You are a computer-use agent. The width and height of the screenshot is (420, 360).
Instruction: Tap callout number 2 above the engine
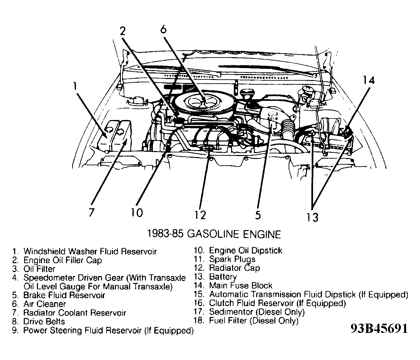pyautogui.click(x=122, y=31)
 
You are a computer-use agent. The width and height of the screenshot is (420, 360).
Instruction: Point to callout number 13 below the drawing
pyautogui.click(x=312, y=217)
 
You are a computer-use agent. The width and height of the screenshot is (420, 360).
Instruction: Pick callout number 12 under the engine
pyautogui.click(x=200, y=215)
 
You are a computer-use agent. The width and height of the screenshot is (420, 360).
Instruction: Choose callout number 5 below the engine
pyautogui.click(x=258, y=215)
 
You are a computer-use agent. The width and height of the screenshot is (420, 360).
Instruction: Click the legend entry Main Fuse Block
pyautogui.click(x=241, y=286)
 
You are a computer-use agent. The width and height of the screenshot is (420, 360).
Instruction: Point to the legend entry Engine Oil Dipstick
pyautogui.click(x=245, y=251)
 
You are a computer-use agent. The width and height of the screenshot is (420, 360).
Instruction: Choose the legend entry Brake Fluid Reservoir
pyautogui.click(x=64, y=295)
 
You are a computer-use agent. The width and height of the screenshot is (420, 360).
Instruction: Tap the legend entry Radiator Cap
pyautogui.click(x=234, y=268)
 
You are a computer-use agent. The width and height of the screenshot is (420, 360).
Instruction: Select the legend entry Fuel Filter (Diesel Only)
pyautogui.click(x=254, y=321)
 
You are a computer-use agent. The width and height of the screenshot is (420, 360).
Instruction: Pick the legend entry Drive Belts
pyautogui.click(x=44, y=322)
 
